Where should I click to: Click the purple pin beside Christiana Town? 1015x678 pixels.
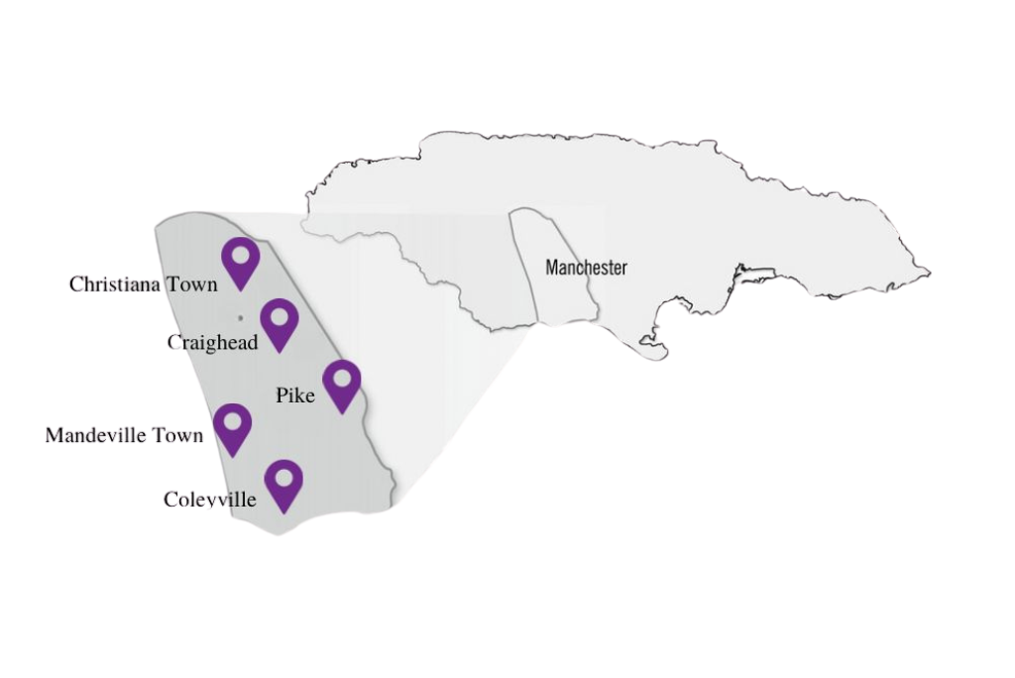coord(241,263)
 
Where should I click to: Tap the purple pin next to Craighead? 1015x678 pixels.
coord(280,324)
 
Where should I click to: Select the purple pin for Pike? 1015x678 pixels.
coord(342,385)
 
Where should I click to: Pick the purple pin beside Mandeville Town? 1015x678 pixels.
coord(232,428)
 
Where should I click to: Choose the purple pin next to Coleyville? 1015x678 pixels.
coord(284,485)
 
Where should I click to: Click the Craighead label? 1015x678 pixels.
coord(212,343)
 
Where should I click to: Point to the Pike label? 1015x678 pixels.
coord(294,395)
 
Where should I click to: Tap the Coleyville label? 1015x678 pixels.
coord(209,500)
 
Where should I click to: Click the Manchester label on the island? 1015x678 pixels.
coord(586,268)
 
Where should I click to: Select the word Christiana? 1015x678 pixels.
coord(114,284)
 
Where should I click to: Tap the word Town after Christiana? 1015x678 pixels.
coord(191,284)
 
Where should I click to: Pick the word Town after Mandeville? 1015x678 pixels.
coord(177,435)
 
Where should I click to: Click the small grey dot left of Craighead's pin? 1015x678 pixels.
coord(240,318)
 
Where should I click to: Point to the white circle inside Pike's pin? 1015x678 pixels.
coord(342,378)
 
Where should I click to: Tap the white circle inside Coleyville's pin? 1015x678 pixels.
coord(284,478)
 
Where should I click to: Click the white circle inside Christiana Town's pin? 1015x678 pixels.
coord(241,255)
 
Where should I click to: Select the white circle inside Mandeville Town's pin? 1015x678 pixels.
coord(232,421)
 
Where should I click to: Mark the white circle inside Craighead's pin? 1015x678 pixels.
coord(280,317)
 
